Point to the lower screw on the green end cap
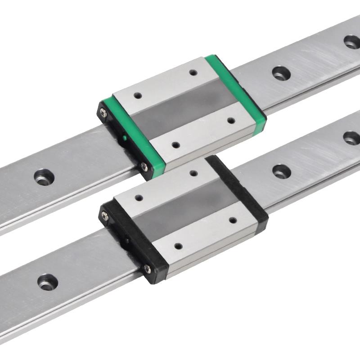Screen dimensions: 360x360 pos(144,167)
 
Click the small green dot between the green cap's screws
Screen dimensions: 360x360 pos(124,138)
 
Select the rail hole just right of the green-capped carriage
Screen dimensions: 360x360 pos(280,72)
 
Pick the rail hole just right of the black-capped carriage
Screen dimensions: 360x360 pos(281,171)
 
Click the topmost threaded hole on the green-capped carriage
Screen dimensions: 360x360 pos(193,72)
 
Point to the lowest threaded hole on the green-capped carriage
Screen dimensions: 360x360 pos(176,145)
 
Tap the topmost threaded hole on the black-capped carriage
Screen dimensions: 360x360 pos(194,173)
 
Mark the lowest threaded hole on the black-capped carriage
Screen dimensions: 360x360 pos(178,246)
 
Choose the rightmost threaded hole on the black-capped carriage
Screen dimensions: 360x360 pos(233,220)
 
